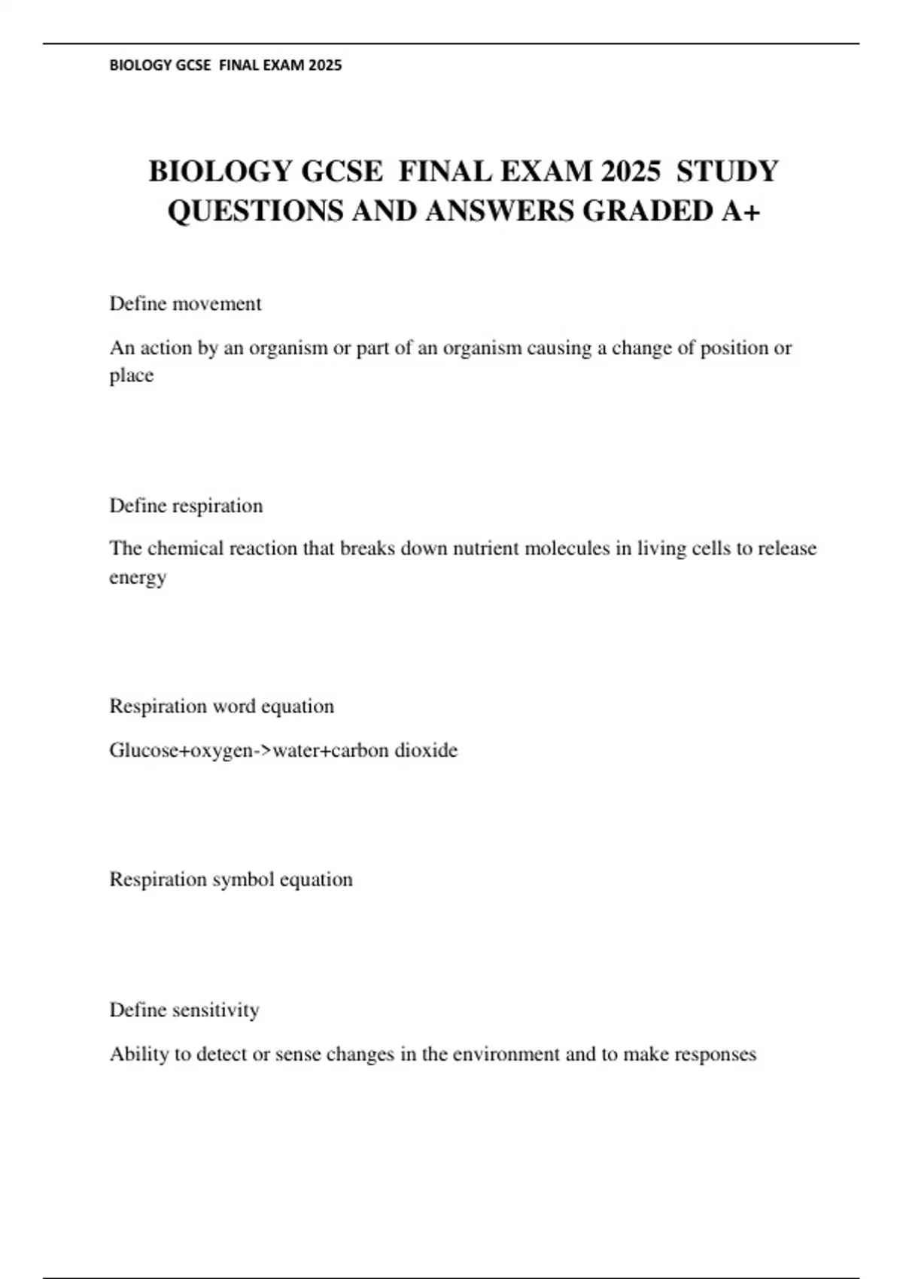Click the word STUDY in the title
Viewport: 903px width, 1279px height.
(727, 172)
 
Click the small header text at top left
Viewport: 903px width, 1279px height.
(226, 65)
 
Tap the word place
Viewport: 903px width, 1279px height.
(132, 375)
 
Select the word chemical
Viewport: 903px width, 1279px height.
(185, 548)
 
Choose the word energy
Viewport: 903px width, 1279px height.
(138, 578)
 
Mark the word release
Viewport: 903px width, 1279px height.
(786, 548)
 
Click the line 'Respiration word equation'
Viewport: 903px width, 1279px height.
(221, 706)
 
